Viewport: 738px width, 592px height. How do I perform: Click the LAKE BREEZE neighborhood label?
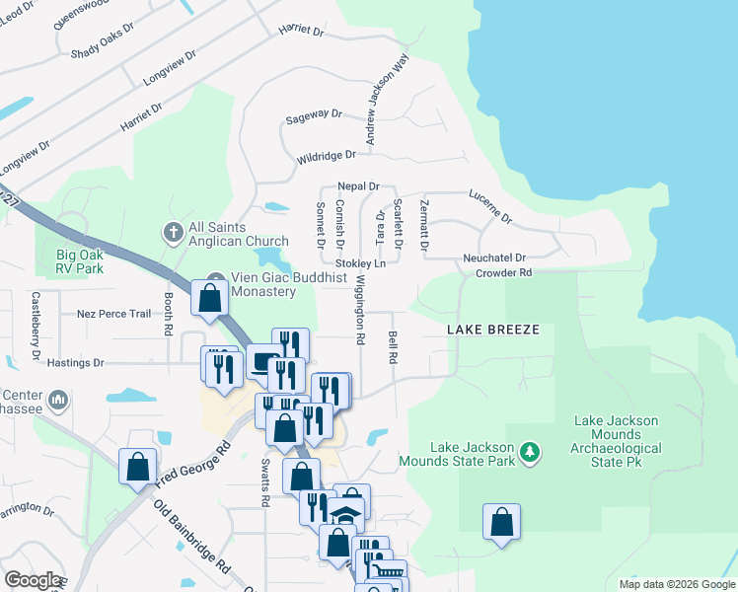click(492, 330)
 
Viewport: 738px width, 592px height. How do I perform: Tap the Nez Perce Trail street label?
click(113, 314)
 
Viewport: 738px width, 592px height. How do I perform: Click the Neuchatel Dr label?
click(494, 257)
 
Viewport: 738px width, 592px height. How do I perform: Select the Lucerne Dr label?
click(490, 204)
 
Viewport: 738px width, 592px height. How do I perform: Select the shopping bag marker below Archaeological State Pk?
click(501, 522)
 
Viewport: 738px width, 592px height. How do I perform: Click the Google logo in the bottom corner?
click(33, 580)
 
